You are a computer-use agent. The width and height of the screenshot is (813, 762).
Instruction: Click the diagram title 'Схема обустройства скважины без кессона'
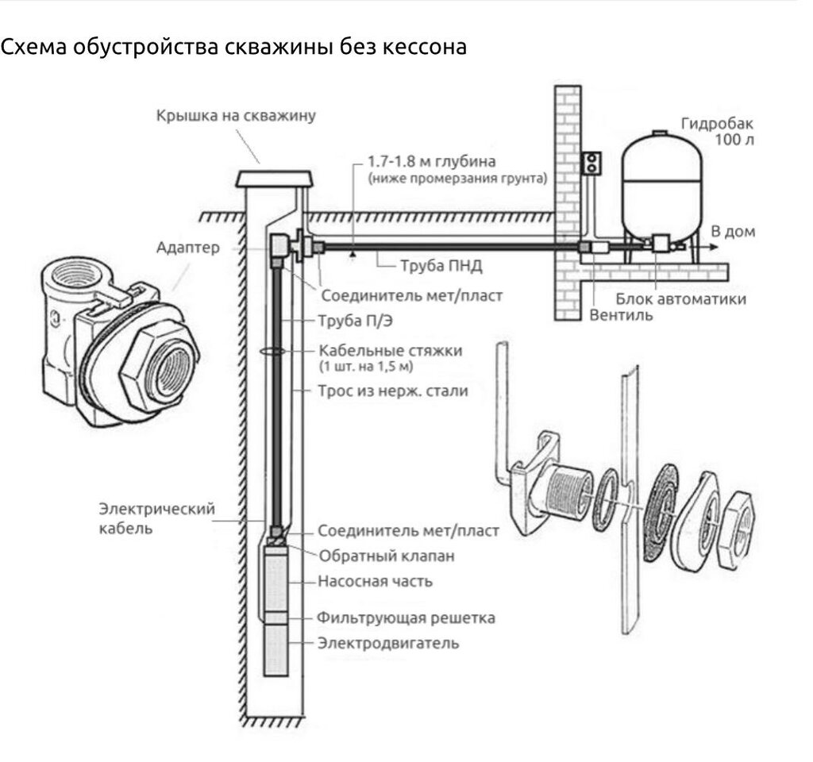233,48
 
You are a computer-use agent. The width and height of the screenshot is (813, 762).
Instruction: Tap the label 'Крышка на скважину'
236,116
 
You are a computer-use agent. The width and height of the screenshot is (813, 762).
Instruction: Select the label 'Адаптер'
187,248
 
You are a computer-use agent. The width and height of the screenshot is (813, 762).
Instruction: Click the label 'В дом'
733,232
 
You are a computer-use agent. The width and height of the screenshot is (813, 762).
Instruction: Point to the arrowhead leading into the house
719,247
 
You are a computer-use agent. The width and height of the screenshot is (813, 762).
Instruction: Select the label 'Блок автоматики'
681,299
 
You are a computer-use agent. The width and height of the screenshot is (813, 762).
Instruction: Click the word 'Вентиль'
622,314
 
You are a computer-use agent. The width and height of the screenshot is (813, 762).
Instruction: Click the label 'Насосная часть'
376,581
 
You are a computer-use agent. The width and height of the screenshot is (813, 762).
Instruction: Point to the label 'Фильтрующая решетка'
406,618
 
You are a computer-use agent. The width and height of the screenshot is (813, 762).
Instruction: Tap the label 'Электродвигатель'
388,642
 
